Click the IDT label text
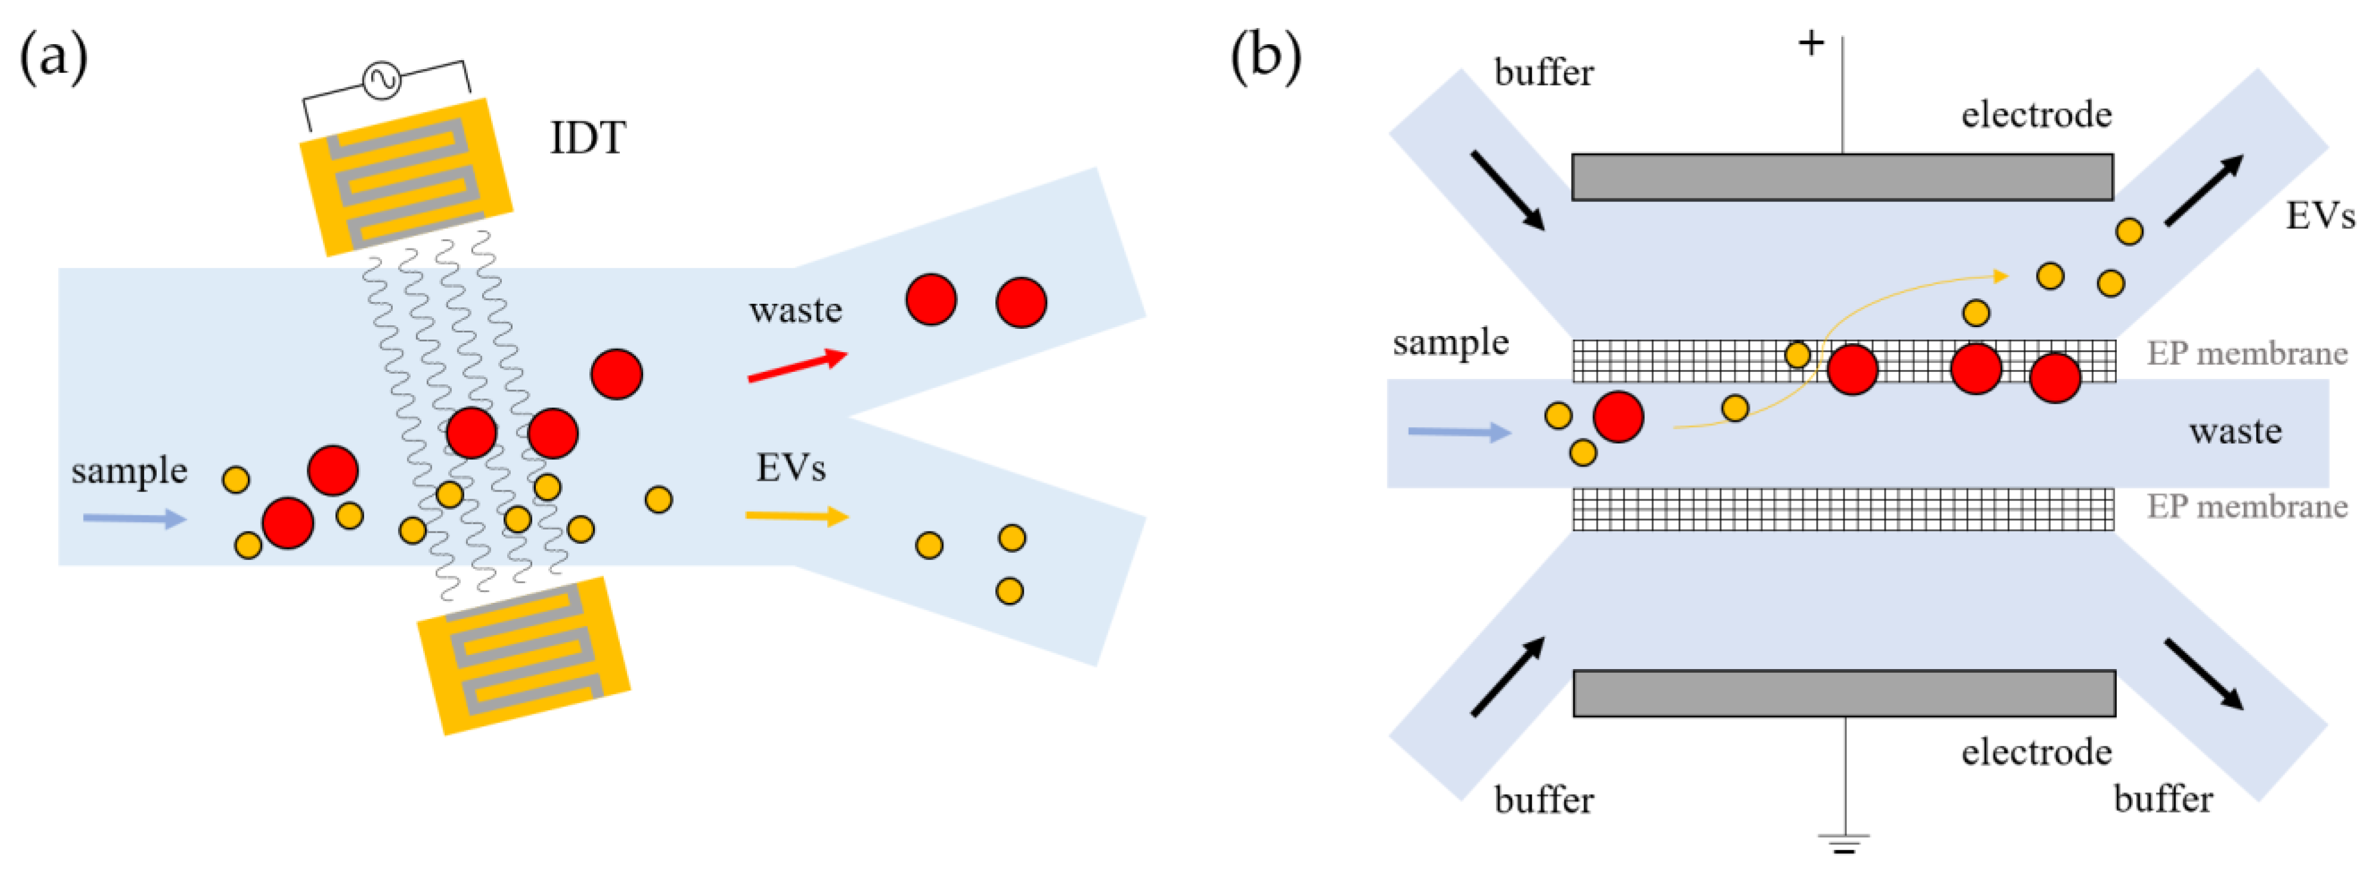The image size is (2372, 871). point(588,138)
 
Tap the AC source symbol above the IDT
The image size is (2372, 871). point(381,79)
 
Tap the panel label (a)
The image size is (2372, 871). point(54,57)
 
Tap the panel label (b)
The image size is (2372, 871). point(1265,57)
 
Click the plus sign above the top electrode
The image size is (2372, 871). point(1811,42)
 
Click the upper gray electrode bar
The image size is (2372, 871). point(1842,177)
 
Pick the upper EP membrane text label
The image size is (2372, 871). point(2247,353)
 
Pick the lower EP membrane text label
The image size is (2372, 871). point(2247,506)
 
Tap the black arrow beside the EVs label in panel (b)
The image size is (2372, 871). point(2203,191)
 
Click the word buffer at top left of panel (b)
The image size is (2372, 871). point(1543,73)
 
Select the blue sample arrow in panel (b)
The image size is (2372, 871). point(1458,431)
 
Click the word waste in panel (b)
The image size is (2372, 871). point(2235,431)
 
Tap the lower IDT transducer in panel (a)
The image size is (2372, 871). point(523,655)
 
